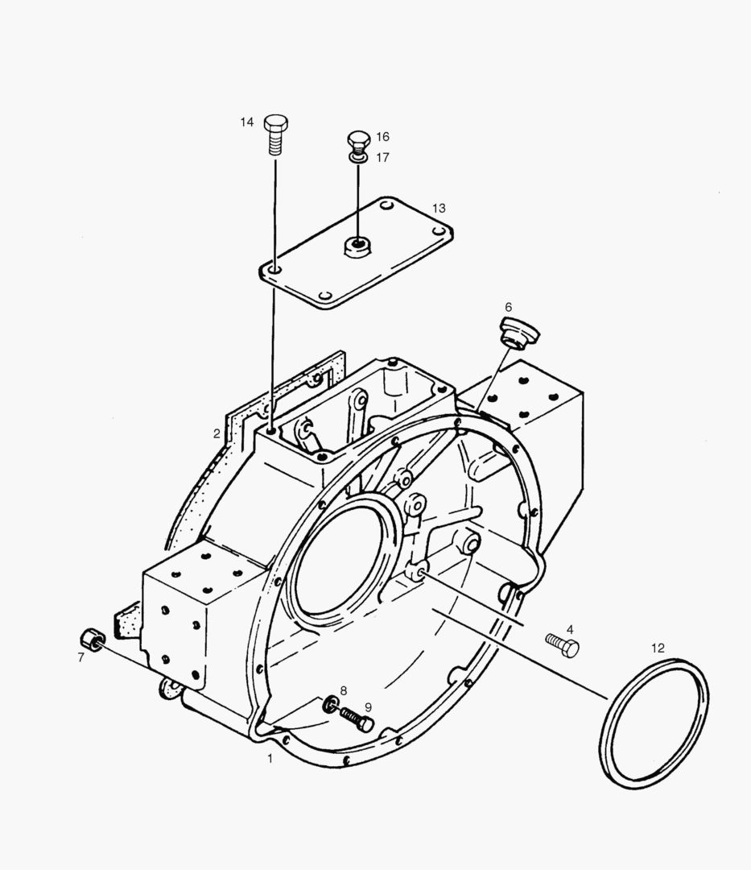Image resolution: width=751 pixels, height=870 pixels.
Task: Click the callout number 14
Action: click(x=247, y=122)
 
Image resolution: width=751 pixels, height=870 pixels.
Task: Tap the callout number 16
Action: click(x=382, y=137)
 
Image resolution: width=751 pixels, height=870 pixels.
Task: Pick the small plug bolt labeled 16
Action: click(x=358, y=142)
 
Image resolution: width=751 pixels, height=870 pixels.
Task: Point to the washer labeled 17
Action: click(x=359, y=159)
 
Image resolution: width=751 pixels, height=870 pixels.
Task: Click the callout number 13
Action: click(x=438, y=208)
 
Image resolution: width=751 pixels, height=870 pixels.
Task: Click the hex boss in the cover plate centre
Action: click(x=355, y=246)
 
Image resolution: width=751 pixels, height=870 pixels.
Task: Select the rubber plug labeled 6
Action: click(x=512, y=331)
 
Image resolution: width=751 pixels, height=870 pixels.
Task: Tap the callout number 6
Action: click(x=508, y=307)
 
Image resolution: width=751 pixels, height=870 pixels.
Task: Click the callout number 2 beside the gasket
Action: click(x=217, y=433)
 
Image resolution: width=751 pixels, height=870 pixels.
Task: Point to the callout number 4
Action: click(x=569, y=628)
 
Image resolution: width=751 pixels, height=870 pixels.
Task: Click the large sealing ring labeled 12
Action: click(x=654, y=721)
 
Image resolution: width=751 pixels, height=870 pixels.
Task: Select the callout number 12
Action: click(x=658, y=647)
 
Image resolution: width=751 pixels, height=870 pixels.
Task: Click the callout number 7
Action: click(x=80, y=657)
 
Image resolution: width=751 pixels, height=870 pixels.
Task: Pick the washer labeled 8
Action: click(x=330, y=706)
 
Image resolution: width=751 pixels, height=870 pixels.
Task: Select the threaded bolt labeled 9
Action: click(x=354, y=718)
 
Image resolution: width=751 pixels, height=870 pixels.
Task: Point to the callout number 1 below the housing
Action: click(x=270, y=758)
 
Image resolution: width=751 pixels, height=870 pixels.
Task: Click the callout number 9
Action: click(x=368, y=706)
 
